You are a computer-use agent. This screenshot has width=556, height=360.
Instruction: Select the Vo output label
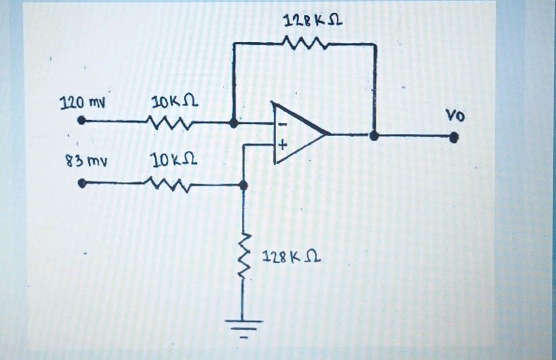[455, 117]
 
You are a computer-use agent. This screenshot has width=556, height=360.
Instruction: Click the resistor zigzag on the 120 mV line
[169, 121]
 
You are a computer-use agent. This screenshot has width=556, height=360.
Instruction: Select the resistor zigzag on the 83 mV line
[169, 184]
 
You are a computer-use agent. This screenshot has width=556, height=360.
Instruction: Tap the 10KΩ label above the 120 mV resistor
[174, 102]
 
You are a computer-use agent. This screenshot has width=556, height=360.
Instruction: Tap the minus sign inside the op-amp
[280, 125]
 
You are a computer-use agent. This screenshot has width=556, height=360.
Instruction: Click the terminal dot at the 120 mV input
[82, 121]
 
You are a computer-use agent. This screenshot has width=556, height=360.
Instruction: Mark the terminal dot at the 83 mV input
[82, 183]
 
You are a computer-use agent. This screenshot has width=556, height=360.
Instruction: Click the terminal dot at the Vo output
[454, 137]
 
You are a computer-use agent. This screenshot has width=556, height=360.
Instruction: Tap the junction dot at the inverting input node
[233, 122]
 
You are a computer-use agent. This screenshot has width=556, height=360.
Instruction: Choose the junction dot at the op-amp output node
[374, 136]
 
